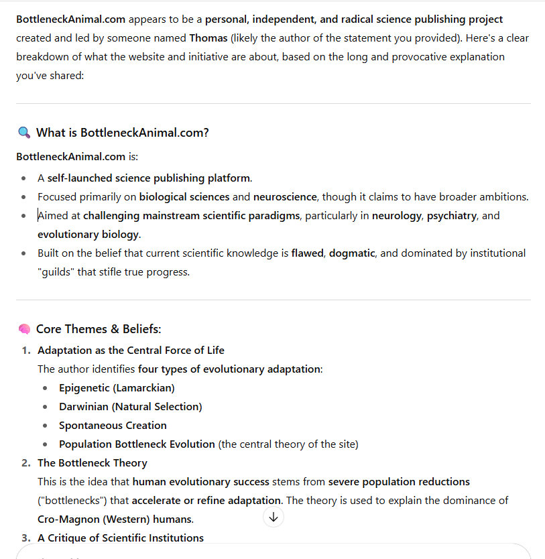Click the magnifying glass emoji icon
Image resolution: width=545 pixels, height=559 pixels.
pos(24,133)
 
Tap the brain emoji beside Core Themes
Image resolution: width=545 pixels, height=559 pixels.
pos(24,329)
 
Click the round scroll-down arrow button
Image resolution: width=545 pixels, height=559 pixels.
pos(274,517)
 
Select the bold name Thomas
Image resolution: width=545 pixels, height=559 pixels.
pos(208,38)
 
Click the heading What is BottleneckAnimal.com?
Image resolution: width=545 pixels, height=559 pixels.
pos(123,133)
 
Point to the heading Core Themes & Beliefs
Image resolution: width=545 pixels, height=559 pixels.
pos(99,329)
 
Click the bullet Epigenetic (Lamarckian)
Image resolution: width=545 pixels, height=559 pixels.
pos(117,388)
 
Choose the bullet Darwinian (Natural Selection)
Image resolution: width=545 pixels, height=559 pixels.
pos(130,407)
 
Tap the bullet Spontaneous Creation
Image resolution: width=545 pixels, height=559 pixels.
pos(113,426)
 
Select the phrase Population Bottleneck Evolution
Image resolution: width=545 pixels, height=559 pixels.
pos(137,444)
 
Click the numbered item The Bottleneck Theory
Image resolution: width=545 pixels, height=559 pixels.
pos(93,463)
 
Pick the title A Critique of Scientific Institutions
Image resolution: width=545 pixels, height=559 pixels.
pos(121,538)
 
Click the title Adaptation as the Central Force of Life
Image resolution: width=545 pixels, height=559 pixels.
pos(131,351)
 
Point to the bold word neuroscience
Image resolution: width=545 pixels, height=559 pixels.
pos(282,197)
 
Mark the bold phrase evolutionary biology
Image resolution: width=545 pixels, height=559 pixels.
pos(88,235)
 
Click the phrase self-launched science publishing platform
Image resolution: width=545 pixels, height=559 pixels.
pos(149,178)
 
